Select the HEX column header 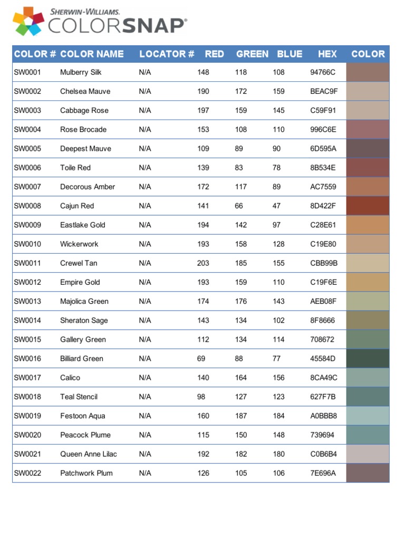click(x=327, y=54)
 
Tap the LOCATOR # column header click(x=167, y=54)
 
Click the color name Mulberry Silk click(x=81, y=72)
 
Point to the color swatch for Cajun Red click(x=368, y=206)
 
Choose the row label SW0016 click(x=27, y=359)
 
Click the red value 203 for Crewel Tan click(x=203, y=263)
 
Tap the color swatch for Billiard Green click(x=368, y=359)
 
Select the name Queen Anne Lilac click(x=89, y=454)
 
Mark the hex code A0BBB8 click(x=323, y=416)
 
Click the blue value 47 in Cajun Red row click(x=276, y=206)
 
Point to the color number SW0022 click(x=27, y=473)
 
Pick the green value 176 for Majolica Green click(x=241, y=301)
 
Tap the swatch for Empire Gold click(x=368, y=282)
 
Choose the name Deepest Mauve click(x=85, y=149)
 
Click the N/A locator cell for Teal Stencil click(x=145, y=397)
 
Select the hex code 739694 click(x=322, y=435)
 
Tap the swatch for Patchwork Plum click(x=368, y=473)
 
